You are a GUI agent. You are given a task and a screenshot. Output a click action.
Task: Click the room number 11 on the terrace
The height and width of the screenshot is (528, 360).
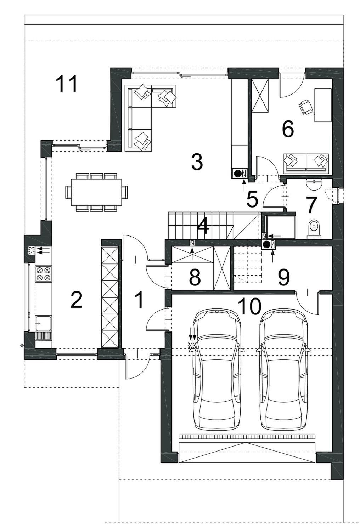coord(66,84)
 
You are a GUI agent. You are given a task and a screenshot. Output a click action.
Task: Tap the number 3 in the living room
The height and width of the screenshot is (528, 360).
coord(197,162)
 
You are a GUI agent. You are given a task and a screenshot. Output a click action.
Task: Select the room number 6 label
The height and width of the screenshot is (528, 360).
coord(288,129)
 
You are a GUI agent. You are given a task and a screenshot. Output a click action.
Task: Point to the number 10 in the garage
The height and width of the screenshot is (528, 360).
coord(249,306)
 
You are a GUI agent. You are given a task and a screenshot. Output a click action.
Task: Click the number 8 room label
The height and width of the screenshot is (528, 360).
coord(195,277)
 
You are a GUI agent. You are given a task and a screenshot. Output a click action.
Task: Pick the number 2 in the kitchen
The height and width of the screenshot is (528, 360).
coord(77,300)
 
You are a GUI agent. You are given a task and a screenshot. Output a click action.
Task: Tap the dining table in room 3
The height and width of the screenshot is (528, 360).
coord(96,192)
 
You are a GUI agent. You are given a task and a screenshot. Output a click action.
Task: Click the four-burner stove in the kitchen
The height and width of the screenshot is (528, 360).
coord(44,274)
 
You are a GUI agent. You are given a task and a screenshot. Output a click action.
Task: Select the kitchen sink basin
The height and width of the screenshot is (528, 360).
coord(43,324)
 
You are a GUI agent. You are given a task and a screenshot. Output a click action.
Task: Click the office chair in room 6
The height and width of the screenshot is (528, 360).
coord(306,107)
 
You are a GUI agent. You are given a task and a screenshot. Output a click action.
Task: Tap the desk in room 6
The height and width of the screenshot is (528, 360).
coord(323,105)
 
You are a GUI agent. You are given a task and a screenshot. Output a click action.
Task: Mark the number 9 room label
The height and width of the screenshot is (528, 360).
coord(283,277)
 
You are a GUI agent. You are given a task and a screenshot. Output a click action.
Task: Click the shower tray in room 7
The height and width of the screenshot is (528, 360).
coord(281,227)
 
